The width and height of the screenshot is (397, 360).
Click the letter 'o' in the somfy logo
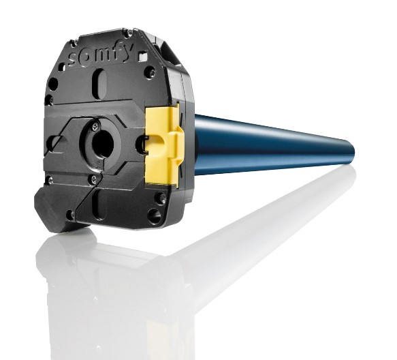click(87, 57)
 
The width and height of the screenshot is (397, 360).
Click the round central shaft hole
click(103, 142)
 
